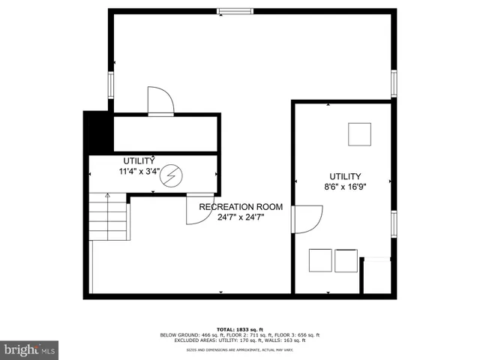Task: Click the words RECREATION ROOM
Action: (x=240, y=206)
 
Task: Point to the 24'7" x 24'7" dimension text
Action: (x=240, y=217)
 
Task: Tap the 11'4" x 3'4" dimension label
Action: (x=139, y=171)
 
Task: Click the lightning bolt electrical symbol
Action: (x=172, y=175)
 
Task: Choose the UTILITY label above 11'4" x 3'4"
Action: (x=139, y=160)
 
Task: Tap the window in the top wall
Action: (x=235, y=10)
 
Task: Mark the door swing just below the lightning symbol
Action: (x=195, y=211)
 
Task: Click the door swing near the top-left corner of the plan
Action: (x=159, y=101)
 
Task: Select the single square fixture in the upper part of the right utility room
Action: (x=358, y=133)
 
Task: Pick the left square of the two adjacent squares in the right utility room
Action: (x=320, y=259)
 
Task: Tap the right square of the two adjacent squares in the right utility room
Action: (x=346, y=259)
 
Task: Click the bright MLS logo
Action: (x=30, y=349)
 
